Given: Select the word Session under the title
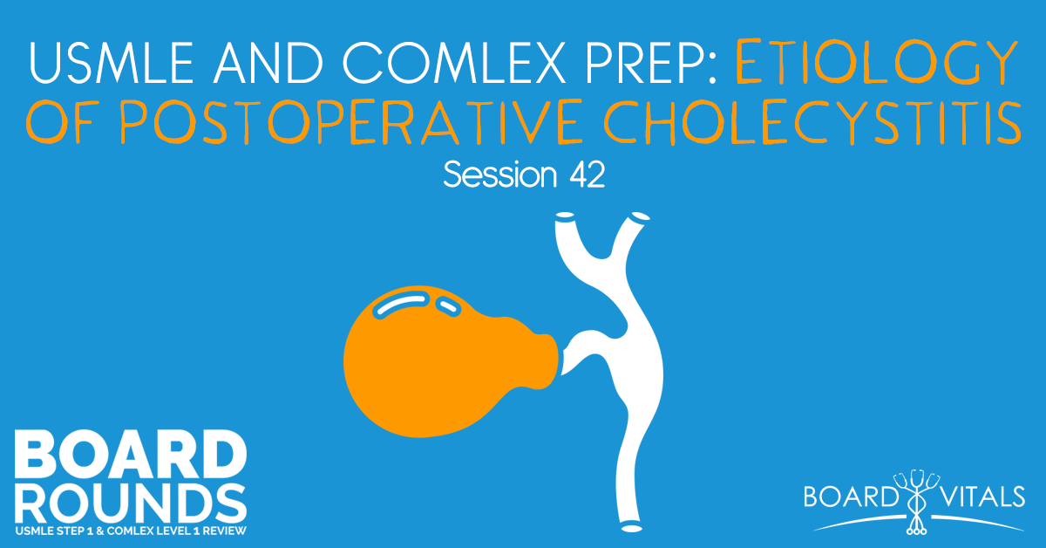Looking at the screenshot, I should tap(495, 175).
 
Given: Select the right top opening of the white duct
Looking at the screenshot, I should tap(641, 215).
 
